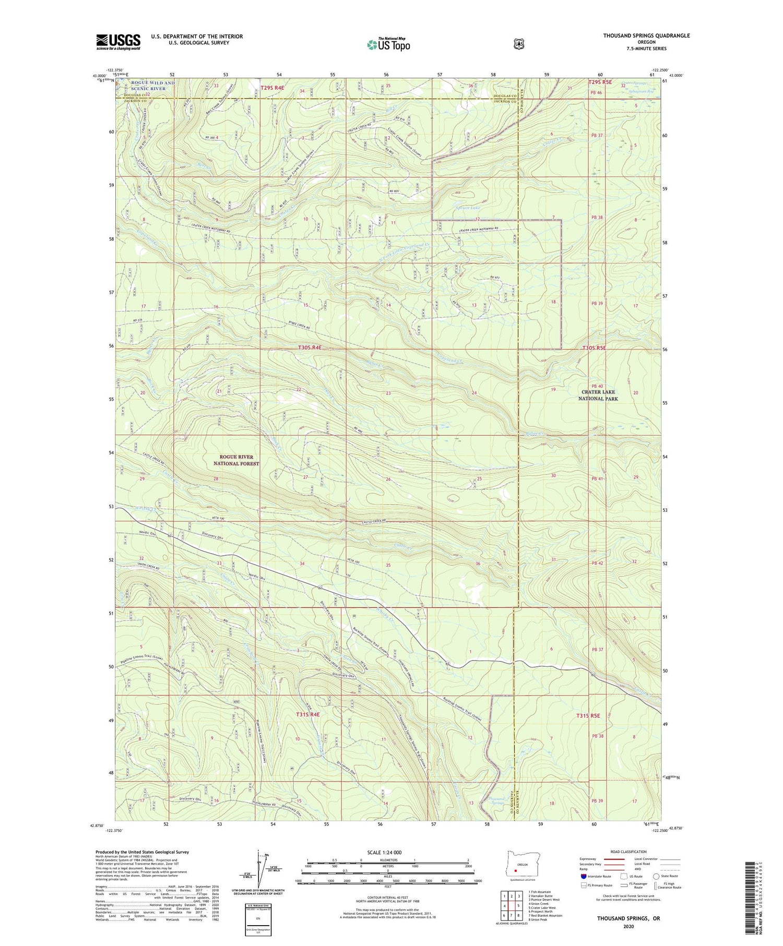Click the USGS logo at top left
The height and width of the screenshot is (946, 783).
[118, 42]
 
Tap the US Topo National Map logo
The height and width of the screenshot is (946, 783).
[388, 44]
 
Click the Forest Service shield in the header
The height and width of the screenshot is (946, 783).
[518, 44]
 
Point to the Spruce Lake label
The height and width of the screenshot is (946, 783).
[468, 208]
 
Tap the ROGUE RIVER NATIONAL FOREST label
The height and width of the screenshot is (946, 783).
[236, 460]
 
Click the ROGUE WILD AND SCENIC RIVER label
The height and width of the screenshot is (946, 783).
[146, 86]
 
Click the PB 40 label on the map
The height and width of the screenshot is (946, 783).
[597, 386]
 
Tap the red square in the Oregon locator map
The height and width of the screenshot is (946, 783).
[516, 870]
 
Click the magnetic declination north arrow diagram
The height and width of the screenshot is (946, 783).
[259, 866]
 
